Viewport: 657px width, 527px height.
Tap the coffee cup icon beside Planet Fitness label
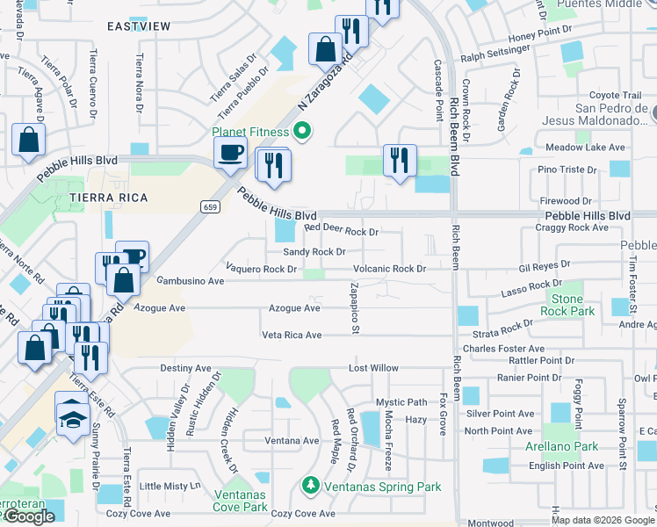[231, 152]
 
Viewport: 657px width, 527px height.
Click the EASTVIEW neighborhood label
[139, 27]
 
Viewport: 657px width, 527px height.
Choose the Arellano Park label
[568, 446]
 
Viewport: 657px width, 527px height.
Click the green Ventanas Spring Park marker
[309, 484]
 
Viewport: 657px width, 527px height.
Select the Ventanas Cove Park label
[240, 501]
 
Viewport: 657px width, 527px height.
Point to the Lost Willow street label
[373, 368]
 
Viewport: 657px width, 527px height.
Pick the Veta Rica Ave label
[292, 335]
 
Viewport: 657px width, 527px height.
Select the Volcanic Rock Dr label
[389, 269]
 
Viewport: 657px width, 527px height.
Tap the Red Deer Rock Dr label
[341, 232]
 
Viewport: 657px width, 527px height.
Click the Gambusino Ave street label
[190, 281]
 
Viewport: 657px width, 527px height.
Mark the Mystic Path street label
[401, 402]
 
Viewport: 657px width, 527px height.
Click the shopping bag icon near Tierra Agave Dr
[29, 138]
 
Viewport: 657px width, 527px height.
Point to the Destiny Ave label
[185, 368]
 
